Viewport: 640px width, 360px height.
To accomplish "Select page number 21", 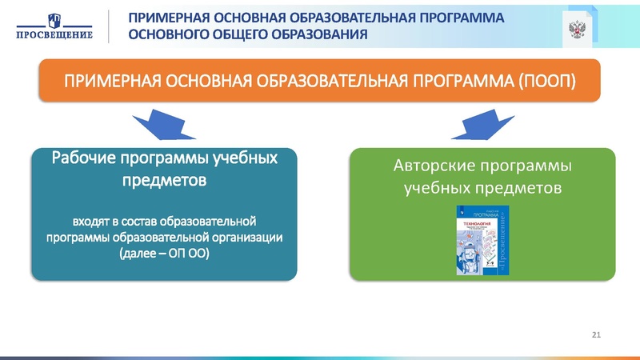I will (x=595, y=333).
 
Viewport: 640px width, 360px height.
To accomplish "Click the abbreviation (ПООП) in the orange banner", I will (x=547, y=82).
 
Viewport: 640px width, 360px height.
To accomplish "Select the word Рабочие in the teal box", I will (x=84, y=156).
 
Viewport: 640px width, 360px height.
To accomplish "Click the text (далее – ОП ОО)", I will (x=164, y=254).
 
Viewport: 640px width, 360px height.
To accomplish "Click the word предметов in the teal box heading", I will (x=164, y=180).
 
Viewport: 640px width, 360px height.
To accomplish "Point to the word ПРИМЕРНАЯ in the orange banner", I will (x=111, y=82).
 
